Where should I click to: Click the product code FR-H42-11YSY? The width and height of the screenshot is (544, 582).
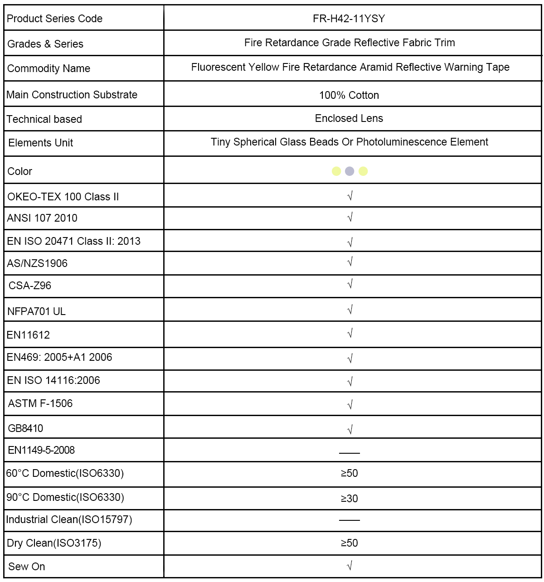pyautogui.click(x=349, y=19)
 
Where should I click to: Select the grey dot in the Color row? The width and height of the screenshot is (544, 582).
pyautogui.click(x=350, y=171)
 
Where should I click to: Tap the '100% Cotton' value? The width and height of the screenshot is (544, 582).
pyautogui.click(x=349, y=95)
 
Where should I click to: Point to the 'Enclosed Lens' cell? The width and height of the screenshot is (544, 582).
pyautogui.click(x=349, y=119)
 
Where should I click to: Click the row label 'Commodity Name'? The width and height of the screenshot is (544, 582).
pyautogui.click(x=49, y=69)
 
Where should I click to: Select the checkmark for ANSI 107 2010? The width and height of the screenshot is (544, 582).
pyautogui.click(x=350, y=218)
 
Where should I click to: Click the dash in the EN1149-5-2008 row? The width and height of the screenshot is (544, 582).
pyautogui.click(x=349, y=453)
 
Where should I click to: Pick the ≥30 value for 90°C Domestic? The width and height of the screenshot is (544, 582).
pyautogui.click(x=349, y=499)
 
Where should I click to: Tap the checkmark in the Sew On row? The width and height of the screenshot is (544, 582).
pyautogui.click(x=350, y=566)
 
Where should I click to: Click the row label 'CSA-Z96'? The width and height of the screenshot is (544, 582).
pyautogui.click(x=30, y=286)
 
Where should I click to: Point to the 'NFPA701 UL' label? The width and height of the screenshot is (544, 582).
pyautogui.click(x=36, y=311)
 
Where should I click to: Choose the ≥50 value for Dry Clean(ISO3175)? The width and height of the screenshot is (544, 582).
pyautogui.click(x=349, y=543)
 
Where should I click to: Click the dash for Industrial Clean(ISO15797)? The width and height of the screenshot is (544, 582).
pyautogui.click(x=349, y=520)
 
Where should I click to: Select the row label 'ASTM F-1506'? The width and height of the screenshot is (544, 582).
pyautogui.click(x=40, y=403)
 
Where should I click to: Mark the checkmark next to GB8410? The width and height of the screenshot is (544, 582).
pyautogui.click(x=350, y=429)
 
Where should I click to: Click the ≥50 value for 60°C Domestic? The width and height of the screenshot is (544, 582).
pyautogui.click(x=349, y=473)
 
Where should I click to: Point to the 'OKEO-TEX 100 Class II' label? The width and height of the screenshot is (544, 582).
pyautogui.click(x=63, y=197)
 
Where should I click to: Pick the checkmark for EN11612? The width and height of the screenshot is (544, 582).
pyautogui.click(x=350, y=334)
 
